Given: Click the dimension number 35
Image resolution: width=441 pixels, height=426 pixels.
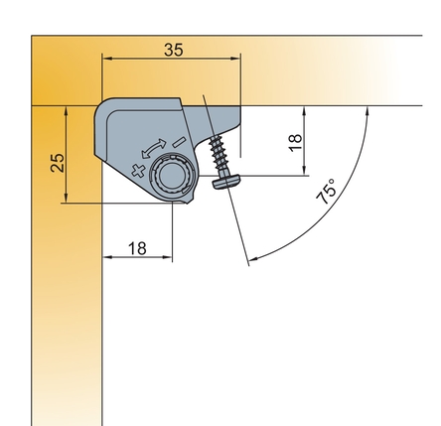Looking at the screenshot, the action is coord(174,50).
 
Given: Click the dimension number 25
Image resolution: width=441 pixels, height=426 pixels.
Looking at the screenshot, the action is coord(58,162).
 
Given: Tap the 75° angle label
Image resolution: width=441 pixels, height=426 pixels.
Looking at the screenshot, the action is coord(326,192).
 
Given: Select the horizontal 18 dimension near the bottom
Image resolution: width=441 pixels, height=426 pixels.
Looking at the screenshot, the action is coord(137,248).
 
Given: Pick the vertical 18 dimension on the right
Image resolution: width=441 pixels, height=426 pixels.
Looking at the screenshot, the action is coord(295,143).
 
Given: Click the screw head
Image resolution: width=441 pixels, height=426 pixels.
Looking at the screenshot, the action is coord(226,182).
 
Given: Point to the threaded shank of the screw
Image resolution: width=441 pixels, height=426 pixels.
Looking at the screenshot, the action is coord(217,153).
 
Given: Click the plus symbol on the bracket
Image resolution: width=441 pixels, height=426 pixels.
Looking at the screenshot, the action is coord(138,171).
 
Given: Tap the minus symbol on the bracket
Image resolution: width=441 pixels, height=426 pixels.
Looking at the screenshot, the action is coord(179,142).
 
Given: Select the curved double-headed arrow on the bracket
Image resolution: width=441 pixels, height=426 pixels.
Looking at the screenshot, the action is coord(153,148).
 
